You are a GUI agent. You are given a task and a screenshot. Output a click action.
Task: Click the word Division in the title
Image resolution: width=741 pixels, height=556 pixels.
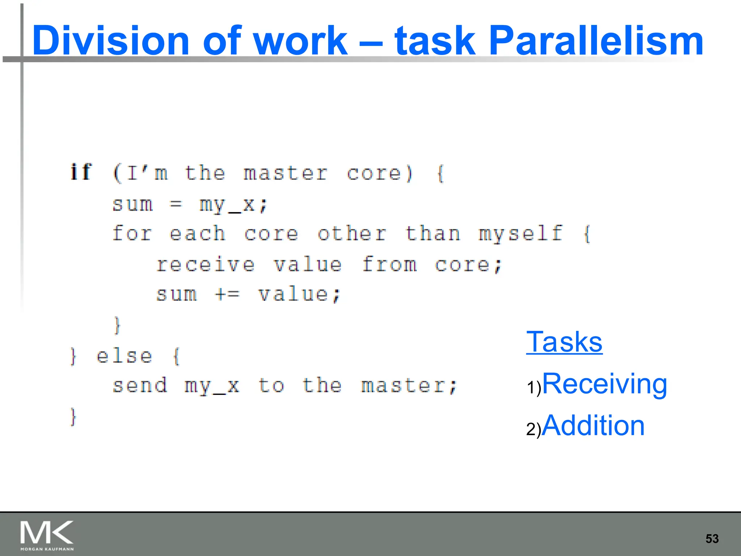[110, 41]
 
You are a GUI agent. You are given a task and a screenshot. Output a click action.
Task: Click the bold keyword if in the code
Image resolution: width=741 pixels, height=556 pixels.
[81, 172]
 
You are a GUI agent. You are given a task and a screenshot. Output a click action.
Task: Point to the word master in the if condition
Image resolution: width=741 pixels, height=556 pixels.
[285, 173]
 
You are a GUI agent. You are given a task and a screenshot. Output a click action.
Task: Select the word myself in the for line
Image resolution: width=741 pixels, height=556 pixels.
[521, 234]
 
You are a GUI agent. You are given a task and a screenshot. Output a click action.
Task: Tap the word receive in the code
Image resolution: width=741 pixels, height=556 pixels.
[206, 265]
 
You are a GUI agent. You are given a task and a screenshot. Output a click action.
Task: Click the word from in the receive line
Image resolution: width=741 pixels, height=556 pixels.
[389, 265]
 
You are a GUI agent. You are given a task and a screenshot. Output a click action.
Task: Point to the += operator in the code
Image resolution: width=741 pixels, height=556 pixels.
[227, 294]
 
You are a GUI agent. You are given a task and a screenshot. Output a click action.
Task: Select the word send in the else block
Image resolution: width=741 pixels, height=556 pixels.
[140, 386]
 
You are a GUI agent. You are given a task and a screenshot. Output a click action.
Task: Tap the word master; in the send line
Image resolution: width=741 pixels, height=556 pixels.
[409, 386]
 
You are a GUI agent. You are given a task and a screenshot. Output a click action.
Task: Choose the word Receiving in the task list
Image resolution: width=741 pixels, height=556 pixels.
[604, 384]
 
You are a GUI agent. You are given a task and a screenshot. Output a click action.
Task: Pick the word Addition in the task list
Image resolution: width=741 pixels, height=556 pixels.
[593, 425]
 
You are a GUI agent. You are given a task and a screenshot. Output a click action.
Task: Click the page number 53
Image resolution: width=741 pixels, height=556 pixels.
[712, 539]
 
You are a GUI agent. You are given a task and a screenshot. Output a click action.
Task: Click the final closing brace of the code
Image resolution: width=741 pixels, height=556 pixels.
[73, 417]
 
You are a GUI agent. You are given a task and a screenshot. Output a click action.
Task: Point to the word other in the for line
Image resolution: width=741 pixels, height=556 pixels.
[352, 234]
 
